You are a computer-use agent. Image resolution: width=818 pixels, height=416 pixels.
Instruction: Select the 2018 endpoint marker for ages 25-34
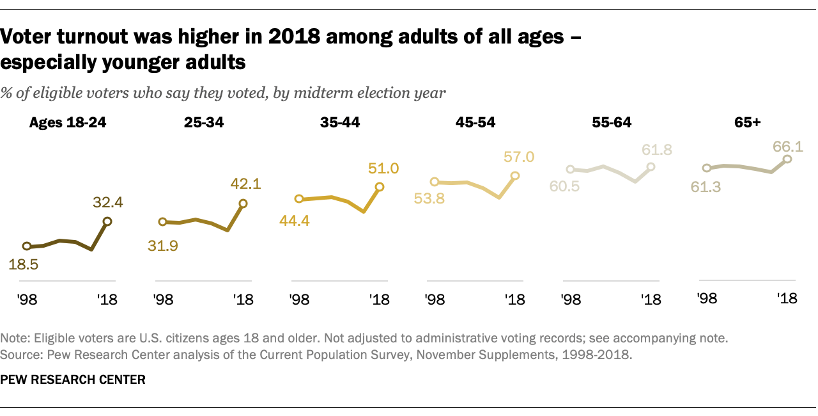243,204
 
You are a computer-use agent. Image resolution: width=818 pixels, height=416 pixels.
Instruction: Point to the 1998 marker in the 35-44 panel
298,200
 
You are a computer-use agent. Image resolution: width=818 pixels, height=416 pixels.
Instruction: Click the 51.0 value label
383,169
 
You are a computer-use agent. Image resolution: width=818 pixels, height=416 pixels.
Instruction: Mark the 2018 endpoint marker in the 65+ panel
787,159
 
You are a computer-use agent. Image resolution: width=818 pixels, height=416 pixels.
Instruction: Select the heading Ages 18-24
68,124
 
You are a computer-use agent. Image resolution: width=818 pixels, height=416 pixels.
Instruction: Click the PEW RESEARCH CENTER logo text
73,380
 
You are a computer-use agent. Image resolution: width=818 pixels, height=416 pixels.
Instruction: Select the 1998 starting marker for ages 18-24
27,246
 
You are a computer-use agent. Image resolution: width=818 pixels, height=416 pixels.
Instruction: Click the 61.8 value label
651,151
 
